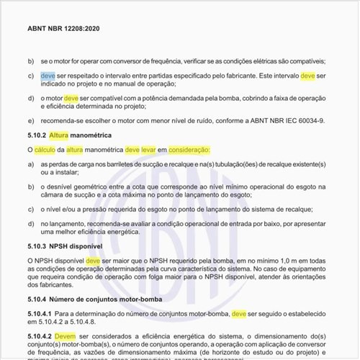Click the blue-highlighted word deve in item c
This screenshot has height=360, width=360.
pos(48,76)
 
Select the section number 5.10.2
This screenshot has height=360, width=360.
pos(37,135)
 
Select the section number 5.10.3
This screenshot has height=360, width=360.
pos(37,246)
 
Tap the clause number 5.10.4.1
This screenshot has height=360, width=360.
pos(40,314)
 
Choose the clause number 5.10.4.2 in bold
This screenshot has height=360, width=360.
pos(40,336)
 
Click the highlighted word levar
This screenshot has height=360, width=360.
pos(153,150)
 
